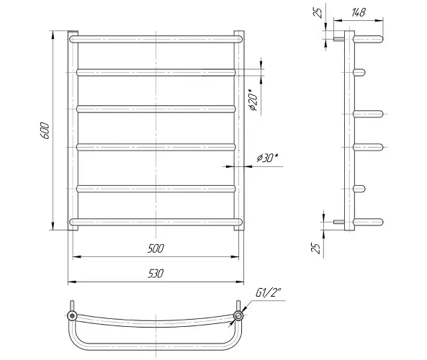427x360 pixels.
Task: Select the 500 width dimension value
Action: pyautogui.click(x=156, y=248)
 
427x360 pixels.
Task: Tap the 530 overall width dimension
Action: pyautogui.click(x=156, y=274)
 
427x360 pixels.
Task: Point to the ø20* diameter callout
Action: pyautogui.click(x=253, y=100)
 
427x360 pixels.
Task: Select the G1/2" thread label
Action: pyautogui.click(x=269, y=293)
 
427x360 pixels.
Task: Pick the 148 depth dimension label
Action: pyautogui.click(x=358, y=12)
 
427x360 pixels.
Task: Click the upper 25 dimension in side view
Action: pyautogui.click(x=318, y=12)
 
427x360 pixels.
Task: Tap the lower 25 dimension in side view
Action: pyautogui.click(x=316, y=248)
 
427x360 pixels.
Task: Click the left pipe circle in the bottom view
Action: pyautogui.click(x=72, y=316)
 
